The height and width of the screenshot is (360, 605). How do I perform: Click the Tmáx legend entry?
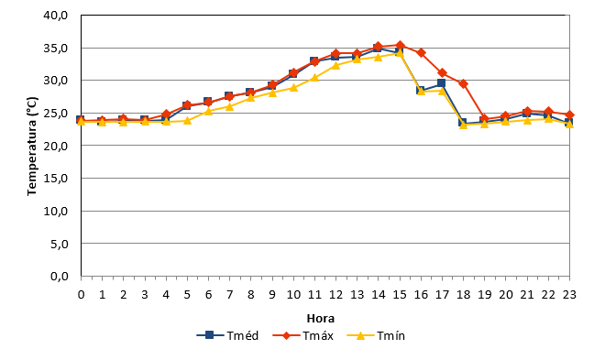click(x=302, y=335)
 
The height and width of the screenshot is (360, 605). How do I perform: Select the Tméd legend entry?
click(x=227, y=335)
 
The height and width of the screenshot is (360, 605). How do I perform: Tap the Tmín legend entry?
click(x=376, y=335)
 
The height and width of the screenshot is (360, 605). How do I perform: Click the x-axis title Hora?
click(x=320, y=319)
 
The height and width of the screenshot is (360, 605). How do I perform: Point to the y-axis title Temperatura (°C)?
click(x=32, y=146)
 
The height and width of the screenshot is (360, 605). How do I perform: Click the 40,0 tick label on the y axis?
click(x=56, y=16)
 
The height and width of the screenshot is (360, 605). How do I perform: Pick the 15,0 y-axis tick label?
click(x=56, y=179)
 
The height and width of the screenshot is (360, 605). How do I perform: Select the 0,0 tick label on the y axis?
click(x=59, y=277)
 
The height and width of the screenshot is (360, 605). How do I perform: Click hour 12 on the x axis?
click(x=335, y=295)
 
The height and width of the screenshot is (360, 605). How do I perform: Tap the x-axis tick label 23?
click(x=569, y=295)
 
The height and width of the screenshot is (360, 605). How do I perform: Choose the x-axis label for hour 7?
click(x=229, y=295)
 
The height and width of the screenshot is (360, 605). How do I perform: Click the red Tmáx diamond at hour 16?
click(x=421, y=53)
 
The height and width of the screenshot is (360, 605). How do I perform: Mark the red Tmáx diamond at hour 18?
click(x=464, y=84)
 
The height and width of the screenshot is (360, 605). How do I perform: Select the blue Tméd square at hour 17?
click(x=442, y=83)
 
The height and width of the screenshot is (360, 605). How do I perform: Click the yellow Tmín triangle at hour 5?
click(x=187, y=120)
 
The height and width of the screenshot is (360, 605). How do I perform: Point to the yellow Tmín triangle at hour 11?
click(x=314, y=78)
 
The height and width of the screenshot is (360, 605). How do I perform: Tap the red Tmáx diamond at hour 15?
click(x=400, y=46)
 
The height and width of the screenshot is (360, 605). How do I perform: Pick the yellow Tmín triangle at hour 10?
click(x=293, y=88)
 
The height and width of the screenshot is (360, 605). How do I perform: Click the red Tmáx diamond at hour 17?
click(x=443, y=73)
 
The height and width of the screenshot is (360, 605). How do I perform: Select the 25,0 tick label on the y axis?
click(x=56, y=114)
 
